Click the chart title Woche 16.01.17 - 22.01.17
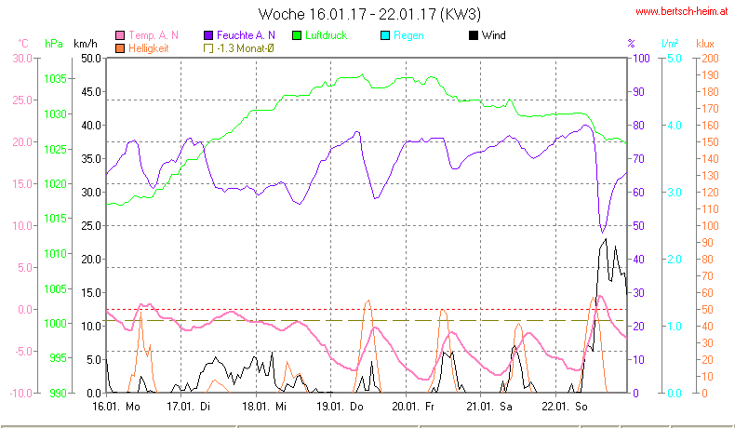369,15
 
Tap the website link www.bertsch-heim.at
681,12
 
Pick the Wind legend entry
487,35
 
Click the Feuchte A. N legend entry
238,35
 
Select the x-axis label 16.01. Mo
115,407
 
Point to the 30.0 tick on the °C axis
21,58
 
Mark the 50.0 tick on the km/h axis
90,58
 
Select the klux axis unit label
706,44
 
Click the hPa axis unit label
54,44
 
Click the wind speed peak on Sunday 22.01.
606,239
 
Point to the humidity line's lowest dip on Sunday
602,232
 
